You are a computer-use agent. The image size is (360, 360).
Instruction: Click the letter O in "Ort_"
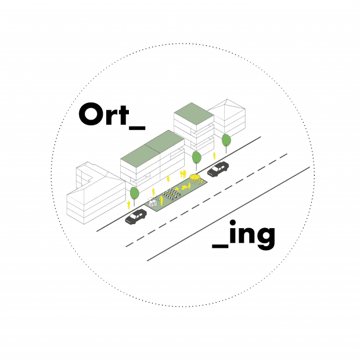91,114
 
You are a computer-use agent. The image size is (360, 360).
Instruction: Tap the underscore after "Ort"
137,128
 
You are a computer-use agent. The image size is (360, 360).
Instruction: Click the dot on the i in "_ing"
233,223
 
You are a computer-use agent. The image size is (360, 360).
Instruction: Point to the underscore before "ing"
220,246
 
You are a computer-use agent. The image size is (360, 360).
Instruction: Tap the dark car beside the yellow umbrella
218,169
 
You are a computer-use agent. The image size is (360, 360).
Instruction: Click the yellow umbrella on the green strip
195,177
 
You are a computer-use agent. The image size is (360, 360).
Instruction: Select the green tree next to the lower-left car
135,193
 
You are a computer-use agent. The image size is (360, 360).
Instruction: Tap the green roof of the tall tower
194,114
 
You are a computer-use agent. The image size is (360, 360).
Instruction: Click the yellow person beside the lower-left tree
128,205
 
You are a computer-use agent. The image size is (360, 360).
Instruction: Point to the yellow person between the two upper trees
214,156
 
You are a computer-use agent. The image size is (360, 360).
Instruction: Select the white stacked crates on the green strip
153,204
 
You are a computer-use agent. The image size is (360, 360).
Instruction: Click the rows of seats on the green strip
172,195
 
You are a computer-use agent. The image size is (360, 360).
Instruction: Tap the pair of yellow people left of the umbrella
183,174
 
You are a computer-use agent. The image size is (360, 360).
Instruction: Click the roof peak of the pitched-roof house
227,99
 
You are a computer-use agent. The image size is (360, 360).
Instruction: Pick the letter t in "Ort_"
124,115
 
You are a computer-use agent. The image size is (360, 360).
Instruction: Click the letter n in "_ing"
246,235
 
